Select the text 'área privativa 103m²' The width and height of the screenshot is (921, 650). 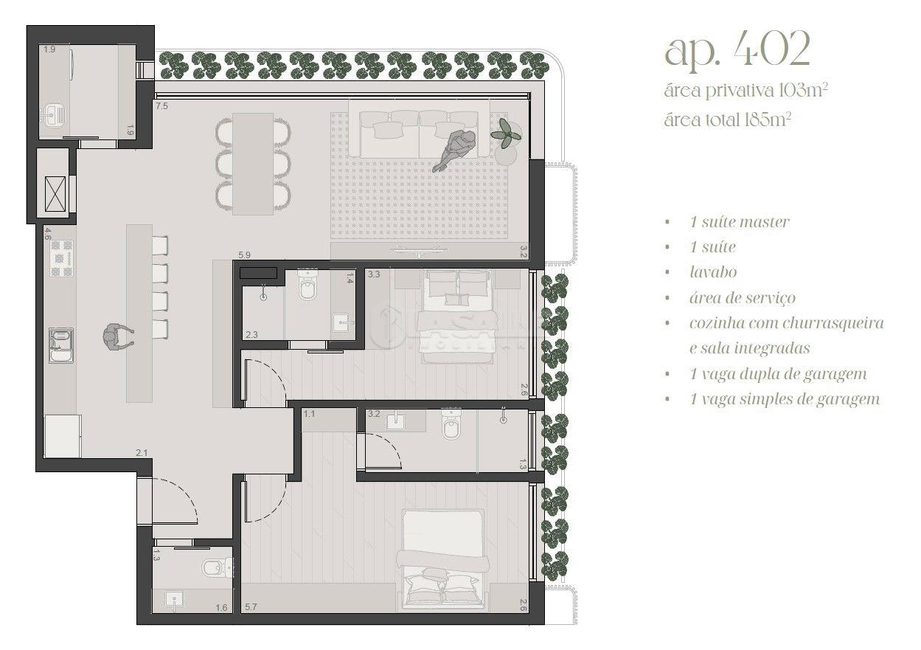[x=746, y=90]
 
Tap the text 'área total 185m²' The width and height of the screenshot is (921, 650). [x=727, y=120]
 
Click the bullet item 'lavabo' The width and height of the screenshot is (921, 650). [x=713, y=272]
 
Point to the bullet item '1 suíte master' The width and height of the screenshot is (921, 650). [x=740, y=222]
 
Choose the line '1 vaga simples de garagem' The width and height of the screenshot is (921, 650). [x=785, y=399]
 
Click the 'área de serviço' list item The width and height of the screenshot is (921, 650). [x=742, y=298]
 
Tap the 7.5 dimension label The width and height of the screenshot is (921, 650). [x=161, y=106]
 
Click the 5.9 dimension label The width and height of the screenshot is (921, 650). [x=244, y=255]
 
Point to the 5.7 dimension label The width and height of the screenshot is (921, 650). [x=251, y=606]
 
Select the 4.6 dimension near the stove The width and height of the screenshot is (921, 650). [x=48, y=234]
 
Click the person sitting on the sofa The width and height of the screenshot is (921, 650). [x=453, y=151]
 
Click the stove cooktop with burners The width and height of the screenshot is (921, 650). [x=62, y=258]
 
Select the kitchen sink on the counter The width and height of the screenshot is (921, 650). [x=61, y=345]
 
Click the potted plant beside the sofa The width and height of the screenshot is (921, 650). [x=506, y=133]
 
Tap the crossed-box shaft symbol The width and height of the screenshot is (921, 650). [x=55, y=193]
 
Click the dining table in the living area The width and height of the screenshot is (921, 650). [x=253, y=164]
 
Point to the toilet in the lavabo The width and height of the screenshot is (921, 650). [x=214, y=567]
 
